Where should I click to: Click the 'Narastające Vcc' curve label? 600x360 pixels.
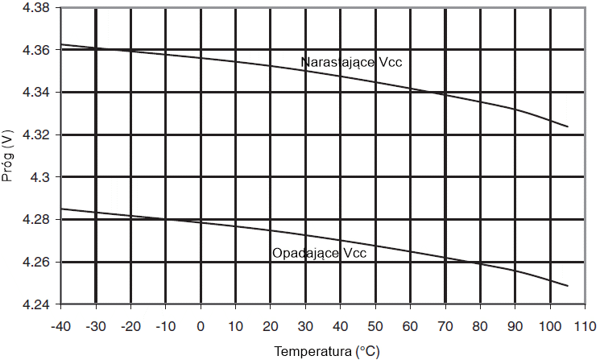point(350,62)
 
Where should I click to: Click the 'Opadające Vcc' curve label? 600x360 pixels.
point(319,253)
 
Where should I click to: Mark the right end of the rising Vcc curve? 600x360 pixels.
point(568,126)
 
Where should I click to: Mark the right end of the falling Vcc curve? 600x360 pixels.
point(568,286)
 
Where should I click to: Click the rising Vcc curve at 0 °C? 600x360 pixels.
point(201,58)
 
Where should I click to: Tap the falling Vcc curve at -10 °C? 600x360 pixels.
point(166,219)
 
